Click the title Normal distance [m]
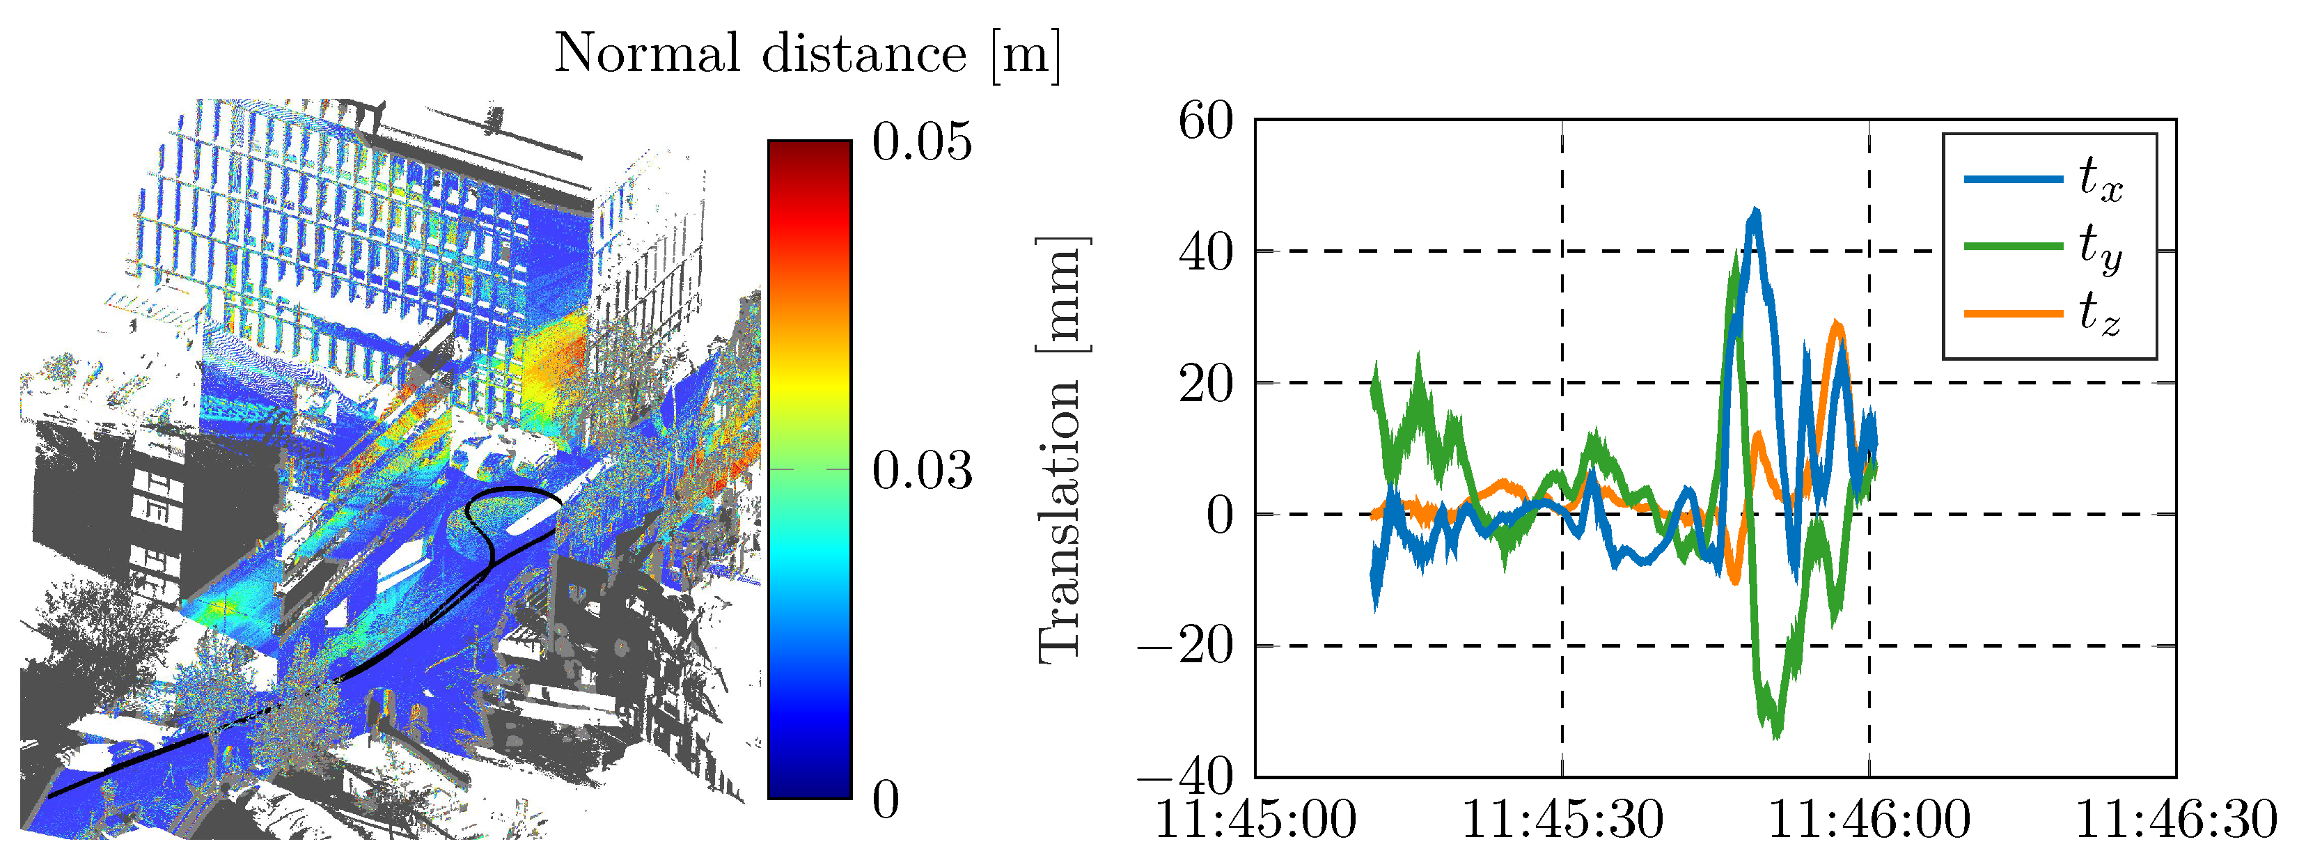pyautogui.click(x=806, y=54)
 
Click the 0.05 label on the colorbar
pyautogui.click(x=922, y=142)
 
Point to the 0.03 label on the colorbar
pyautogui.click(x=922, y=470)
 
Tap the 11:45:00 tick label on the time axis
pyautogui.click(x=1255, y=820)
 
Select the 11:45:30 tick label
pyautogui.click(x=1562, y=820)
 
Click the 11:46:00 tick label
pyautogui.click(x=1869, y=820)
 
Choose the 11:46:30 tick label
pyautogui.click(x=2175, y=820)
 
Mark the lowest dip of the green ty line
pyautogui.click(x=1776, y=735)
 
